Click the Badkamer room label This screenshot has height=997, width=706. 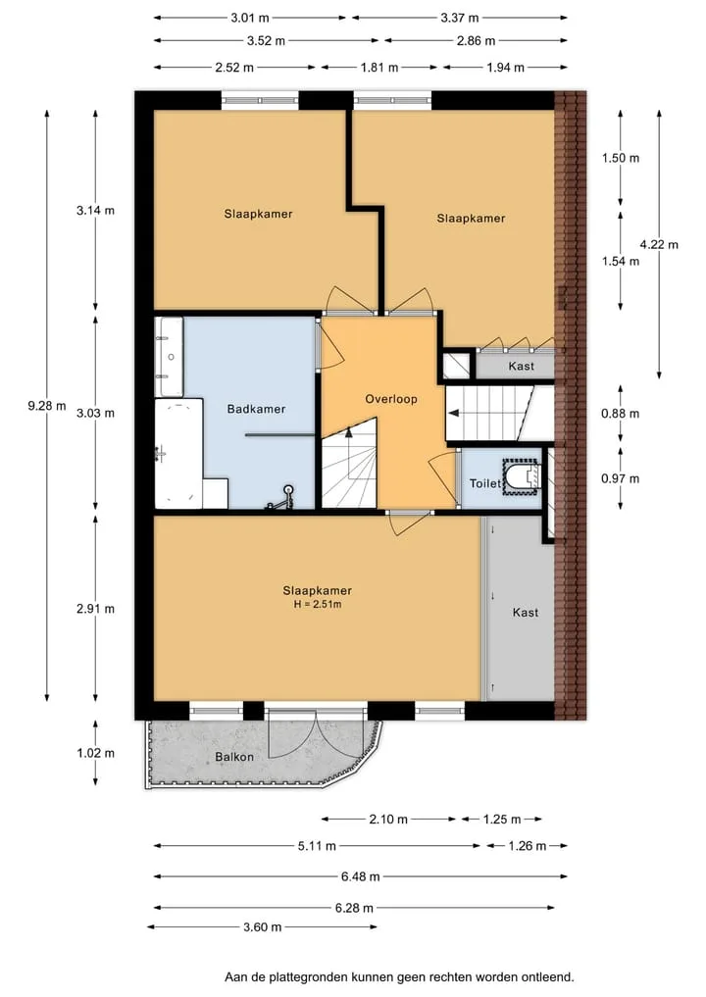[x=256, y=409]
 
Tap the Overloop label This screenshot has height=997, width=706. [x=391, y=399]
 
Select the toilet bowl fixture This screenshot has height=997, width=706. [x=523, y=476]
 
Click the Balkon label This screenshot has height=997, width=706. [x=234, y=757]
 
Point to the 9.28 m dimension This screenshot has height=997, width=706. [x=46, y=405]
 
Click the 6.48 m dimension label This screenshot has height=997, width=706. [x=360, y=876]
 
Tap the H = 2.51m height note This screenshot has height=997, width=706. [x=318, y=604]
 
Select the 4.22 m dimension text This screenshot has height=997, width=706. [x=659, y=244]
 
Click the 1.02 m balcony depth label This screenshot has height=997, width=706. [x=95, y=753]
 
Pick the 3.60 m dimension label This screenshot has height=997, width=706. [x=262, y=927]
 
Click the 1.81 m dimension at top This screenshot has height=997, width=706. [x=379, y=68]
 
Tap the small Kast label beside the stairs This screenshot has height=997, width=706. [x=522, y=367]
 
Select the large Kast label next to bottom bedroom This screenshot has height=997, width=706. [x=526, y=613]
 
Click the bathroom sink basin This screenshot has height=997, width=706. [x=170, y=357]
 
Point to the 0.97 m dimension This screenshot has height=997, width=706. [x=620, y=478]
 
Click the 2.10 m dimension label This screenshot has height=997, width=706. [x=388, y=819]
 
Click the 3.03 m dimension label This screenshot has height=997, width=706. [x=95, y=414]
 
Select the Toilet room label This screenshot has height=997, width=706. [x=485, y=484]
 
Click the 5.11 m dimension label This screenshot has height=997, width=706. [x=317, y=846]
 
